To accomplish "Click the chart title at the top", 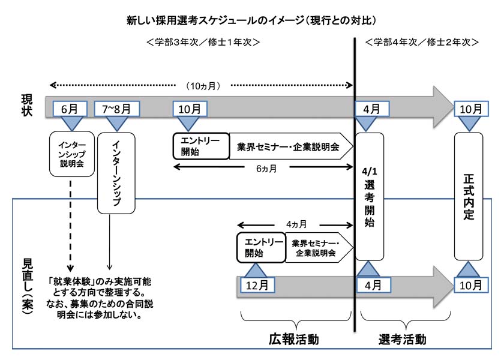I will point(251,20).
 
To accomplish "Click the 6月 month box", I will point(70,109).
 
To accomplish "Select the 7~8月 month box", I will point(116,109).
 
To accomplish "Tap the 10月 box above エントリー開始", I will point(190,109).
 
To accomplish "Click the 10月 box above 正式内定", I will point(470,109).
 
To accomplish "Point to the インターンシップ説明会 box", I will point(72,154).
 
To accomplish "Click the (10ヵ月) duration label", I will point(203,86).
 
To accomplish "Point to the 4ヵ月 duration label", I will point(296,224).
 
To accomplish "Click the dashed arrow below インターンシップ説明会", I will point(71,222).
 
